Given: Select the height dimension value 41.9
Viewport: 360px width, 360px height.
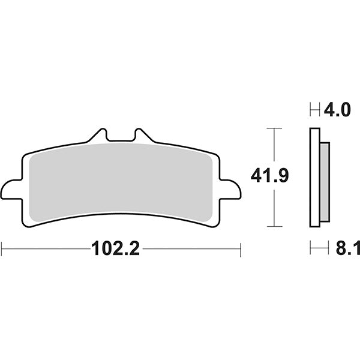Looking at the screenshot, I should (x=270, y=176).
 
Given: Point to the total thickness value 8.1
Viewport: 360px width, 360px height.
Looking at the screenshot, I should (x=346, y=248).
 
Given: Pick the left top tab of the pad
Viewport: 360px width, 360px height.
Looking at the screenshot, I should (x=100, y=135).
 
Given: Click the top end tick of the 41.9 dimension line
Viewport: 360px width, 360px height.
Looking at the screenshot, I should (x=274, y=128).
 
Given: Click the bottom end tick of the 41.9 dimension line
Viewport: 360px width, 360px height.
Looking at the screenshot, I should (x=274, y=226).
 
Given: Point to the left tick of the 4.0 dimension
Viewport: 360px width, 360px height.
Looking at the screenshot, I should (x=310, y=110).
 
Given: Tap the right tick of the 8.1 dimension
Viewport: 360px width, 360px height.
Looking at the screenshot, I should (x=329, y=248).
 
